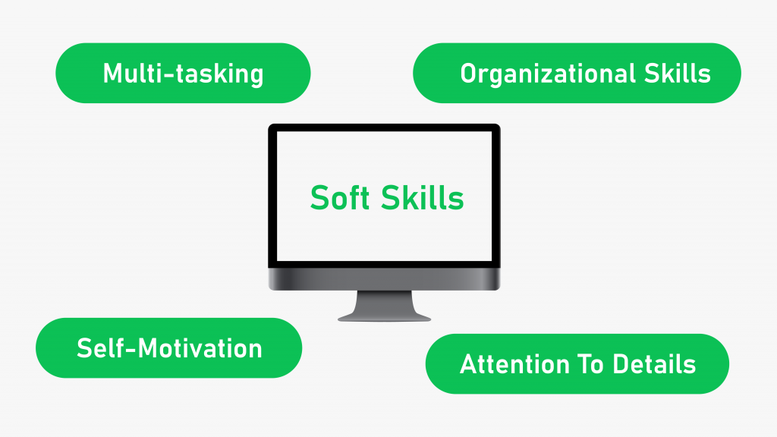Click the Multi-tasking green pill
tap(183, 73)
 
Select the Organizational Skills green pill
tap(577, 73)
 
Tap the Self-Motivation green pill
tap(169, 347)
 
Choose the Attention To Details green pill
tap(577, 363)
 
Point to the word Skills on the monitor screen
tap(422, 197)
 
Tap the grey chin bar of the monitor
tap(384, 279)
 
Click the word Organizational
tap(548, 74)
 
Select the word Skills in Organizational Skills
tap(678, 73)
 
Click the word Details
tap(654, 364)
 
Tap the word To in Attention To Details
tap(591, 364)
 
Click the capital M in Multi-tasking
tap(112, 74)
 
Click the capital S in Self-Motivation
tap(84, 348)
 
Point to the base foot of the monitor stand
tap(384, 318)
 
